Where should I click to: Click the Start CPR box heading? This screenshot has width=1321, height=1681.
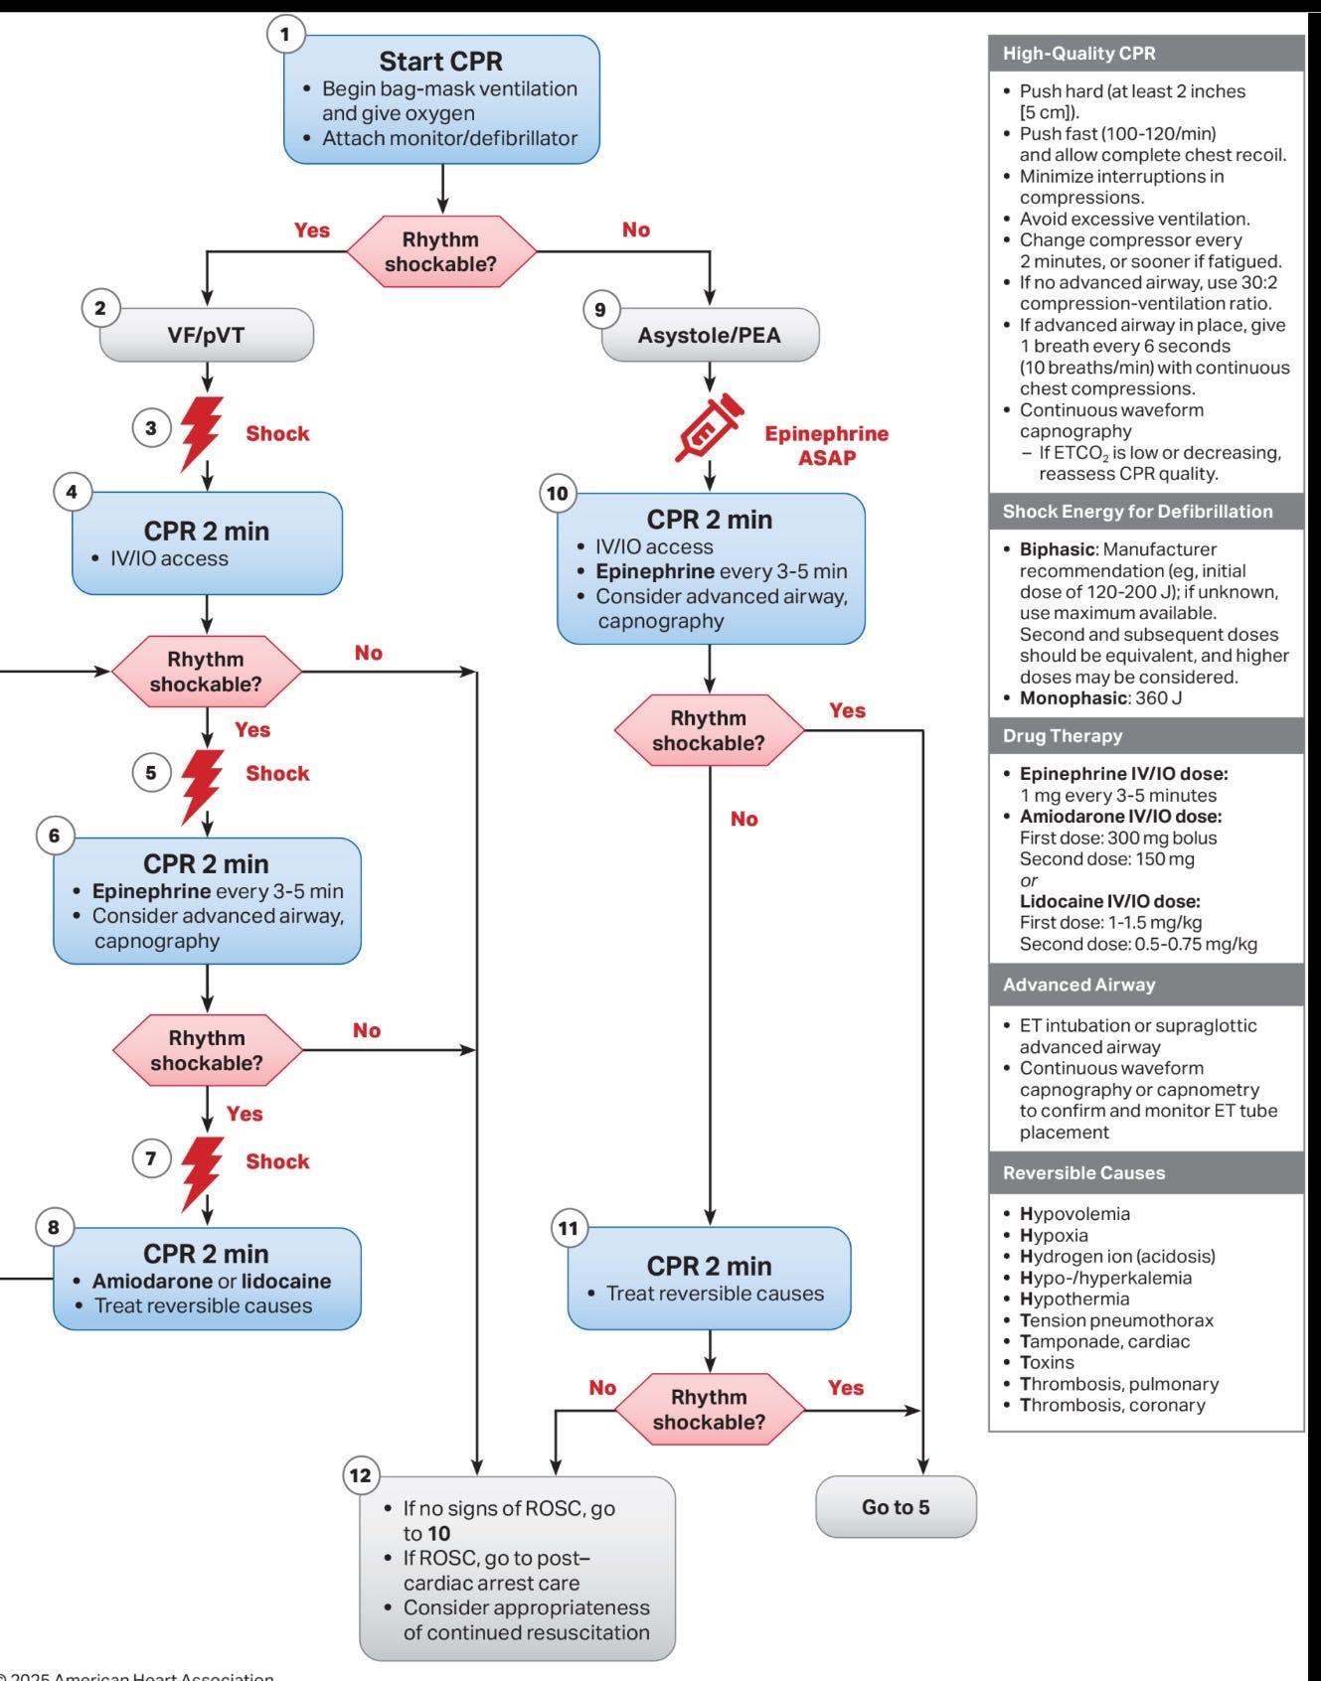pos(440,62)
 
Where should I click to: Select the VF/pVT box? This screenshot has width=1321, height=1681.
pos(207,335)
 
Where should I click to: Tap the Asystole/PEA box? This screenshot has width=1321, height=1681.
pos(710,335)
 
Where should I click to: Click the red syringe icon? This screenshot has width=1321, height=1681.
pos(709,427)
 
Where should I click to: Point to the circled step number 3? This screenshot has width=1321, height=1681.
pos(151,428)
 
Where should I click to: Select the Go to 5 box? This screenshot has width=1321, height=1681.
pos(896,1507)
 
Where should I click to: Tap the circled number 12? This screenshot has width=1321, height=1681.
pos(361,1475)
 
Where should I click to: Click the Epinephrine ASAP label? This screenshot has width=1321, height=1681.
pos(826,445)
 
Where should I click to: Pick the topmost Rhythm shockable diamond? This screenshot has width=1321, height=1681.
pos(440,252)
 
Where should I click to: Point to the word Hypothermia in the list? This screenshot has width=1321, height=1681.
pos(1074,1299)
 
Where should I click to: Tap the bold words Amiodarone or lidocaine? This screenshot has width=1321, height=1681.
pos(212,1281)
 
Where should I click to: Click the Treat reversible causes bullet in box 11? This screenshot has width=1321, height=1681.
pos(715,1294)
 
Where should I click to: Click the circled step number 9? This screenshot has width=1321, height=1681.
pos(600,310)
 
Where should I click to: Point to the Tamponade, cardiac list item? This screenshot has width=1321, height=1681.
pos(1104,1341)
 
